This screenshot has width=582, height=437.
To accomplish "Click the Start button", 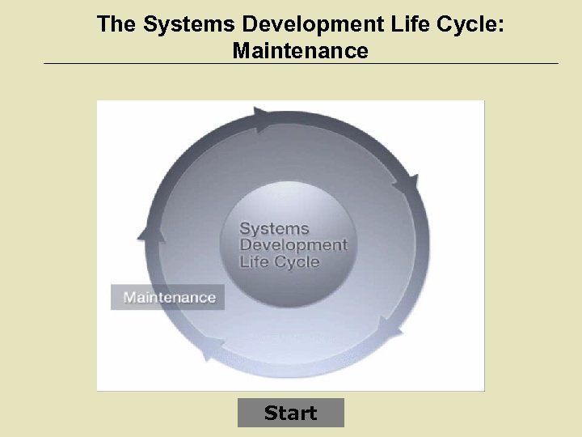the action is coord(291,413).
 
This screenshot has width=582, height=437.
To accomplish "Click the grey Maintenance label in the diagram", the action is coord(168,297).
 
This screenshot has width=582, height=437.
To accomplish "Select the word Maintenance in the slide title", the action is coord(300,51).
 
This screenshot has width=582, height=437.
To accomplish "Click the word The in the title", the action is coord(116,23).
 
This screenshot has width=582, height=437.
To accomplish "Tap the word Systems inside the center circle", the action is coord(274,229).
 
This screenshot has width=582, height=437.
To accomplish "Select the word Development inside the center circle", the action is coord(293,245).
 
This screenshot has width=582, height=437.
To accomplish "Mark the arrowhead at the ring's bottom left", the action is coord(212,348).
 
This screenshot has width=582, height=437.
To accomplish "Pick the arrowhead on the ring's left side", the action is coord(151,232).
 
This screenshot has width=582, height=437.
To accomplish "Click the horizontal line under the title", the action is coord(300,64).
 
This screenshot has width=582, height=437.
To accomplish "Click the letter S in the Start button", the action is coord(270,413).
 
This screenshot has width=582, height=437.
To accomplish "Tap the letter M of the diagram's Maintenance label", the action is coord(129,297).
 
